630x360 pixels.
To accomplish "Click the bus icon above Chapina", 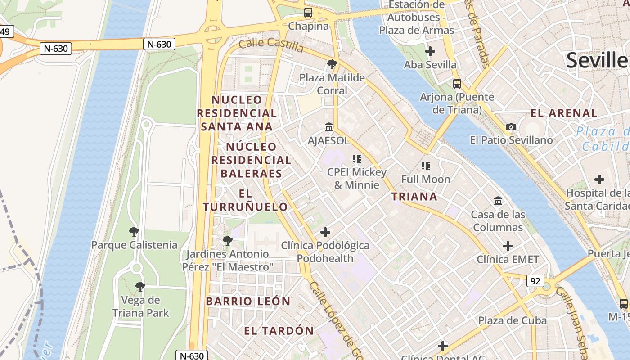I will pyautogui.click(x=308, y=13).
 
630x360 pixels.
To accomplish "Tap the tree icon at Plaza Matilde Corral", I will pyautogui.click(x=332, y=64).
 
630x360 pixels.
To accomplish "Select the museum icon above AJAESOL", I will pyautogui.click(x=329, y=127).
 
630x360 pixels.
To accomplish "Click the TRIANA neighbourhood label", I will pyautogui.click(x=414, y=196).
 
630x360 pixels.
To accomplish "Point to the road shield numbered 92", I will pyautogui.click(x=535, y=281).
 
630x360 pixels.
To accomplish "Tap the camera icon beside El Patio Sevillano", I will pyautogui.click(x=511, y=127).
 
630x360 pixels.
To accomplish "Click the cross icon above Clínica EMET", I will pyautogui.click(x=508, y=246).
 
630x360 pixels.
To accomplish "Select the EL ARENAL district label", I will pyautogui.click(x=564, y=113).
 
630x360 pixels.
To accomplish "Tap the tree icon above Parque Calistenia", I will pyautogui.click(x=134, y=232).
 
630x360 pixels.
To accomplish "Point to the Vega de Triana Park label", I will pyautogui.click(x=140, y=306).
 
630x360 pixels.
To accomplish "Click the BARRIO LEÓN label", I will pyautogui.click(x=248, y=301).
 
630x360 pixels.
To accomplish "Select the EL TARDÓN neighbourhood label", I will pyautogui.click(x=279, y=331).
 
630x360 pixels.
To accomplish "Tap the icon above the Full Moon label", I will pyautogui.click(x=426, y=166).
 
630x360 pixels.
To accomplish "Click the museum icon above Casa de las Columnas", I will pyautogui.click(x=498, y=201).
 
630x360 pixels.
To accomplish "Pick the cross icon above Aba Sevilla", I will pyautogui.click(x=430, y=51).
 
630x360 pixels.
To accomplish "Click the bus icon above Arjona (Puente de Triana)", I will pyautogui.click(x=457, y=84).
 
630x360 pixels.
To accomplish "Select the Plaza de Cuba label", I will pyautogui.click(x=513, y=320).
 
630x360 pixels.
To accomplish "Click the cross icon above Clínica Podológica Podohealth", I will pyautogui.click(x=325, y=232).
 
